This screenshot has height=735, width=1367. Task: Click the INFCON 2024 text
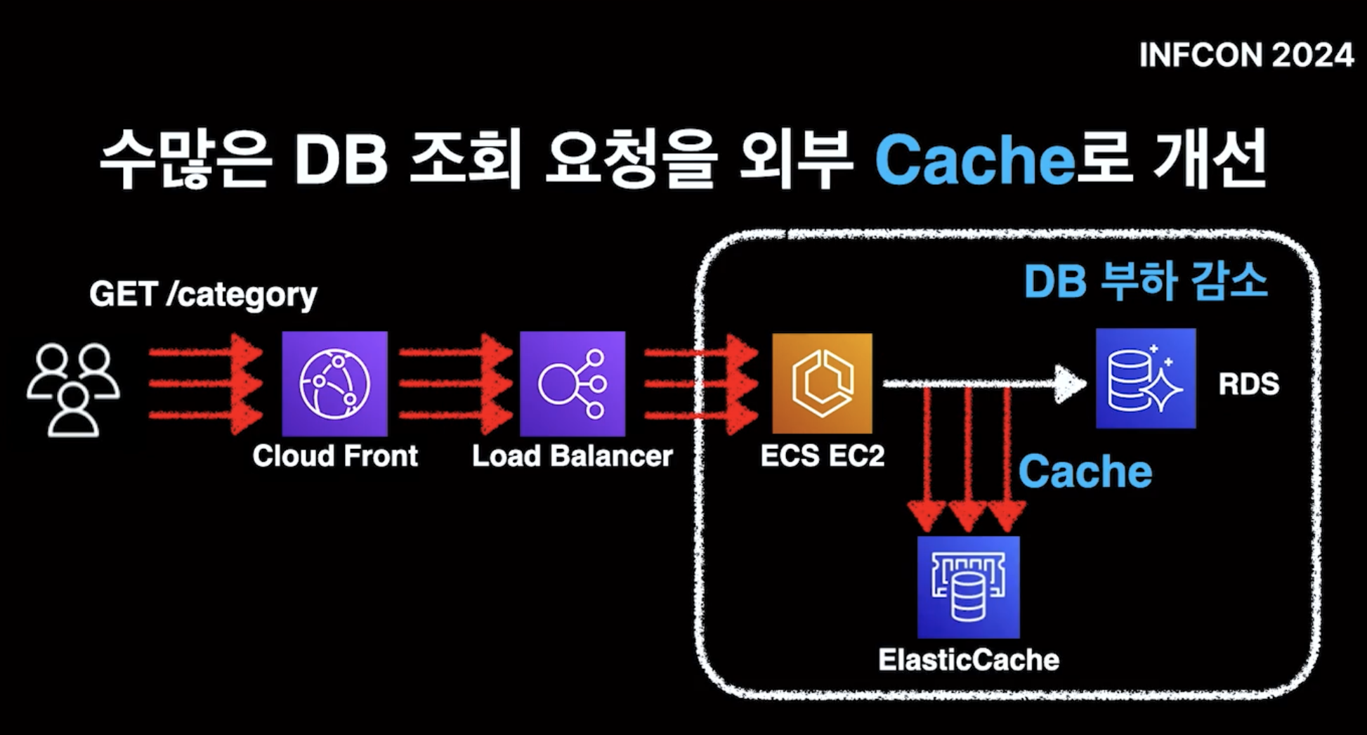[x=1245, y=55]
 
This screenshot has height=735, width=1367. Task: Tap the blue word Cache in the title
[x=974, y=160]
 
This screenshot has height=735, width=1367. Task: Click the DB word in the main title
[x=341, y=160]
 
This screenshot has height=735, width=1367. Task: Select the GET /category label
[x=203, y=294]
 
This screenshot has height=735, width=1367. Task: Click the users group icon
[x=73, y=389]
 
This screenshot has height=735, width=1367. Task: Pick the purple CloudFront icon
[x=334, y=384]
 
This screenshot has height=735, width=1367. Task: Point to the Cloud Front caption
[x=335, y=456]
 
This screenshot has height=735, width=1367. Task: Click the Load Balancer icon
[x=573, y=384]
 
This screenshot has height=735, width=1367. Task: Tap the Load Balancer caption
[x=572, y=456]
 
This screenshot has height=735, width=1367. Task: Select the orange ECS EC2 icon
[x=822, y=384]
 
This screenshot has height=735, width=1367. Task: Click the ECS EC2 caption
[x=822, y=456]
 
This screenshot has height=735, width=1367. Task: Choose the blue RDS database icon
[x=1146, y=378]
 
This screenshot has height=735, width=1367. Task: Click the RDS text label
[x=1248, y=384]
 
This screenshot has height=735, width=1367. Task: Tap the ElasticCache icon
[x=968, y=587]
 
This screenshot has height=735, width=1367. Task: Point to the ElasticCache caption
[x=968, y=660]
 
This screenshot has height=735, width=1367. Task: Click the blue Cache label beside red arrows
[x=1085, y=471]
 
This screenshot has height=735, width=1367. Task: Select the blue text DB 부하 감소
[x=1145, y=281]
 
